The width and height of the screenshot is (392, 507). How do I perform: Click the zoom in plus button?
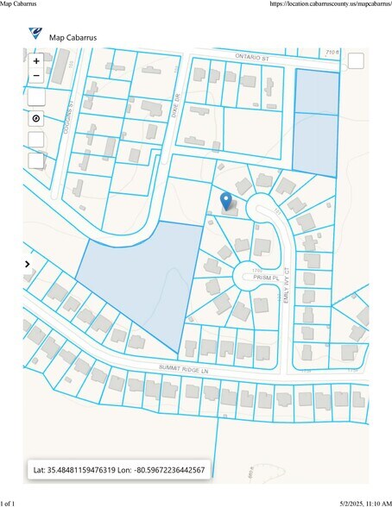coord(36,61)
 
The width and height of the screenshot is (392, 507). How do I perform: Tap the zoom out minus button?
coord(36,76)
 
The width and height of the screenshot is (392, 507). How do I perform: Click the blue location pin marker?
coord(226,201)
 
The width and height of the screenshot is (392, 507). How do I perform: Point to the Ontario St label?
coord(251,54)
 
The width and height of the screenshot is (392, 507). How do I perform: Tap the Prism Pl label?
coord(263,277)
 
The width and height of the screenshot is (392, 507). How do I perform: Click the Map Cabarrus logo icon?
coord(35,34)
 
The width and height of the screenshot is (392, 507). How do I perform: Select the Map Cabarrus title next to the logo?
coord(73,37)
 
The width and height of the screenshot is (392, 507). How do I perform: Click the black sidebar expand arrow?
coord(28,264)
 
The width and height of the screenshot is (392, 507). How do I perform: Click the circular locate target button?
coord(36,118)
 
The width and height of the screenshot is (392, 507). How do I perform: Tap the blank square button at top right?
coord(356,60)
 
